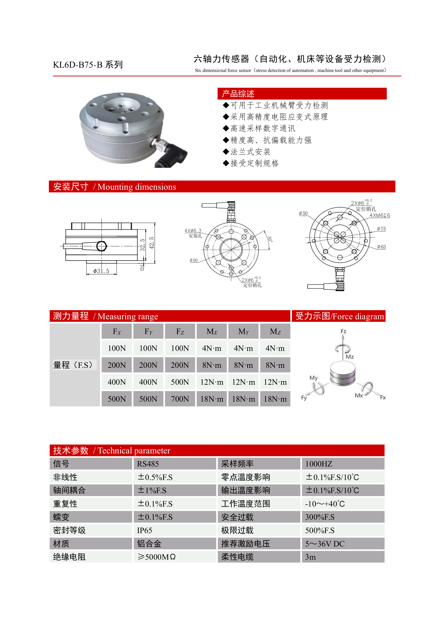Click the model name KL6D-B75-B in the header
77,65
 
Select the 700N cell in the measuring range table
180,399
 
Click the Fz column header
180,332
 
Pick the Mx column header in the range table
212,332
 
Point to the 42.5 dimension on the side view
151,243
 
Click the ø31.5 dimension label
101,271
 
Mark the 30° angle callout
270,239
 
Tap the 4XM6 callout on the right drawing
380,215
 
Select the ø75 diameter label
381,229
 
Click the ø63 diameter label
381,247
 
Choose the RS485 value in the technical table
148,464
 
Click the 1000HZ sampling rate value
319,464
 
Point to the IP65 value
144,530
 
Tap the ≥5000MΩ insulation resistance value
156,557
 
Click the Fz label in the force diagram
343,331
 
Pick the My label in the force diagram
313,378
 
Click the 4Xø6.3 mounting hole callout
193,231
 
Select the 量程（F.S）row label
73,365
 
